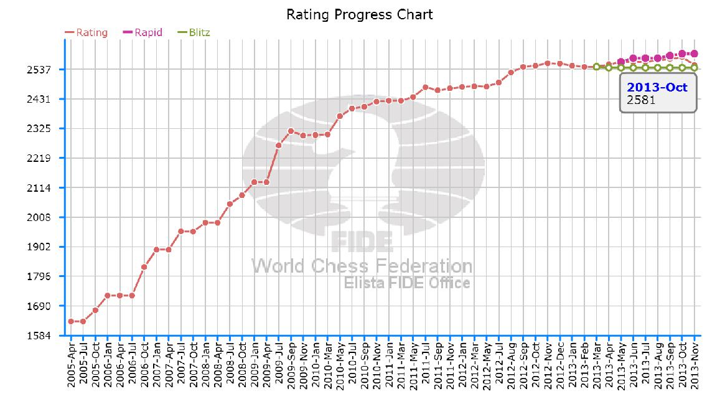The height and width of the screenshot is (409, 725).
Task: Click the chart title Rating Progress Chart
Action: point(359,14)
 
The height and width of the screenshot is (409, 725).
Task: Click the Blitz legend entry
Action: point(194,32)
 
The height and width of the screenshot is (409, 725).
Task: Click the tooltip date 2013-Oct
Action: point(657,87)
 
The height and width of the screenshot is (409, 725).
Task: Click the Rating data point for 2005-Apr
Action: point(71,321)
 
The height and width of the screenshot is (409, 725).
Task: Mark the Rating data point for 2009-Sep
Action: point(291,131)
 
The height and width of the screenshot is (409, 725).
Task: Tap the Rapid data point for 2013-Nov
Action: point(695,54)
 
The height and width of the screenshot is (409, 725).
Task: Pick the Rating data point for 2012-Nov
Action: point(548,63)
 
